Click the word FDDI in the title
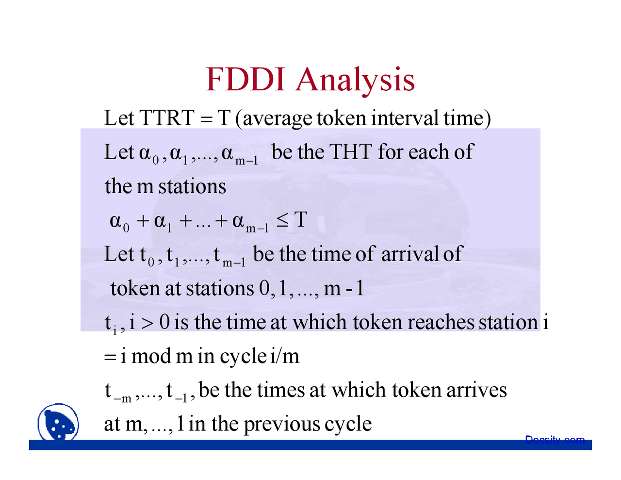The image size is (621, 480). pyautogui.click(x=245, y=79)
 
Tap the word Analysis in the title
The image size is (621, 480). pyautogui.click(x=355, y=80)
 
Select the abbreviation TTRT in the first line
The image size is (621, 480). pyautogui.click(x=166, y=118)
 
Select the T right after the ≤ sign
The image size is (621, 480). pyautogui.click(x=301, y=220)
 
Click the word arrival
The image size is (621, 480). pyautogui.click(x=410, y=254)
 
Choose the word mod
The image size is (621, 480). pyautogui.click(x=151, y=356)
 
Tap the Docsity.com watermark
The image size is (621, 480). pyautogui.click(x=555, y=440)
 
